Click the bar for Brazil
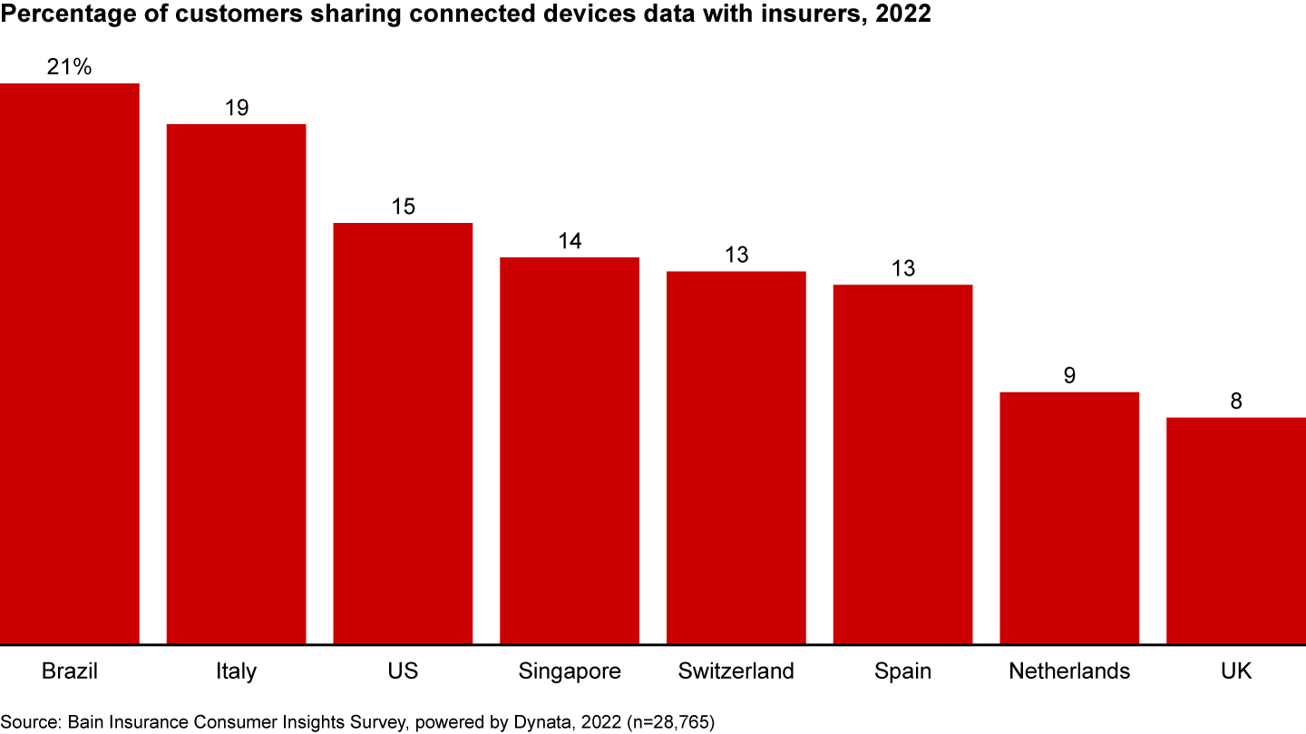[70, 362]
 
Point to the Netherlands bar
[1069, 517]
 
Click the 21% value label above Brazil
[70, 67]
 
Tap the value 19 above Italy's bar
[237, 108]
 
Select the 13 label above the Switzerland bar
[736, 256]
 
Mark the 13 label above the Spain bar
[902, 269]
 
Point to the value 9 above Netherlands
[1069, 376]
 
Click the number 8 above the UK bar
[1236, 401]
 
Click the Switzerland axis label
[736, 671]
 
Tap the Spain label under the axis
[902, 671]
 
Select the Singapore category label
[570, 671]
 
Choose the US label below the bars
[403, 671]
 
